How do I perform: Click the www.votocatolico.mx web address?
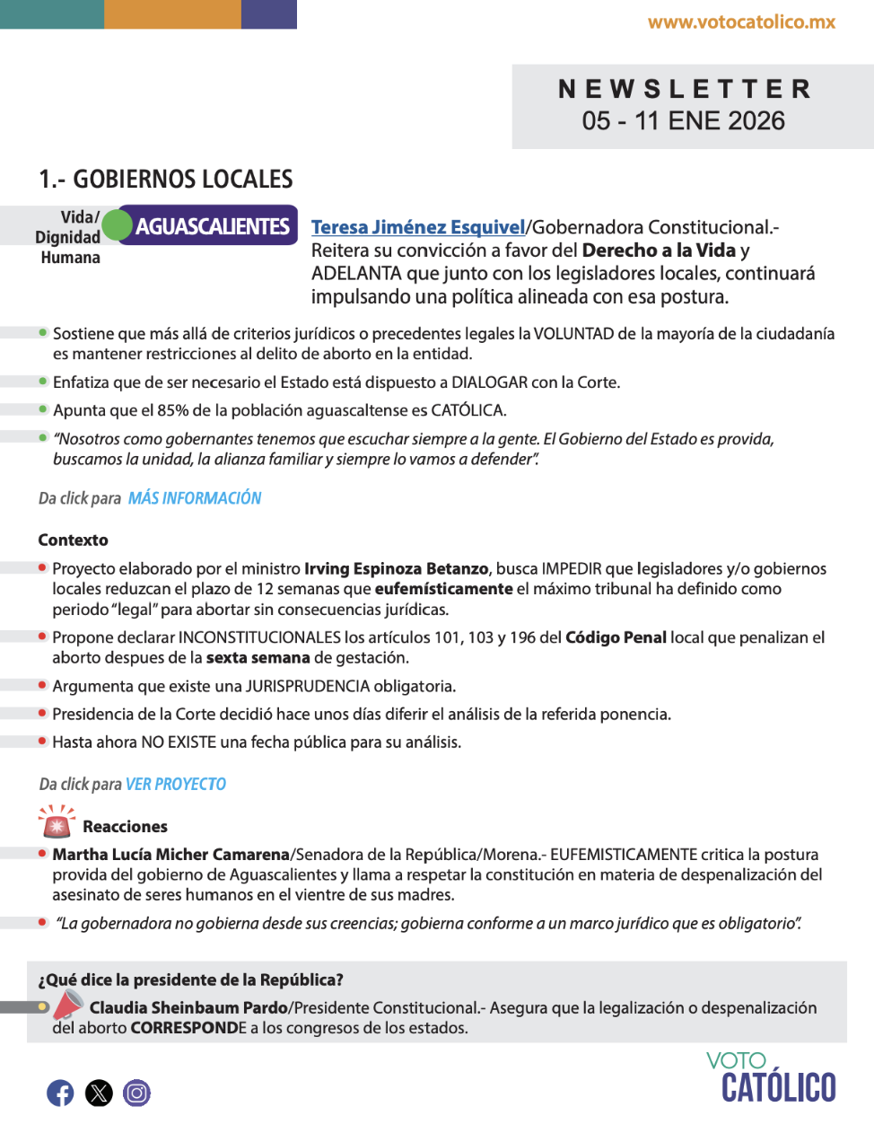click(x=741, y=22)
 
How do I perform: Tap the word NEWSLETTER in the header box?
click(x=686, y=89)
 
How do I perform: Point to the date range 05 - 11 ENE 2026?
click(x=683, y=121)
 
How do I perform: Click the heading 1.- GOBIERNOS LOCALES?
click(x=166, y=180)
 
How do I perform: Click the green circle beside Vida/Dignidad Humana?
click(x=117, y=225)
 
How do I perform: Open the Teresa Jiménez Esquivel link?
click(x=417, y=227)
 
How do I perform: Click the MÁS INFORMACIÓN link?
click(x=195, y=498)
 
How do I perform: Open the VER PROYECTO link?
click(x=176, y=785)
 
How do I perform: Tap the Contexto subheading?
click(x=74, y=540)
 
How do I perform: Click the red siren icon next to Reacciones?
click(x=57, y=821)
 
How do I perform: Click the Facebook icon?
click(x=60, y=1093)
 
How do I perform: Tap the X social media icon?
click(x=99, y=1093)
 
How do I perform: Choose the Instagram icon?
click(x=136, y=1093)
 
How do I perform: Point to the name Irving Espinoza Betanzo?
click(x=396, y=569)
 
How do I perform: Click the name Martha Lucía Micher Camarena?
click(x=171, y=855)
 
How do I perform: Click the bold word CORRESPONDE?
click(x=188, y=1028)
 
